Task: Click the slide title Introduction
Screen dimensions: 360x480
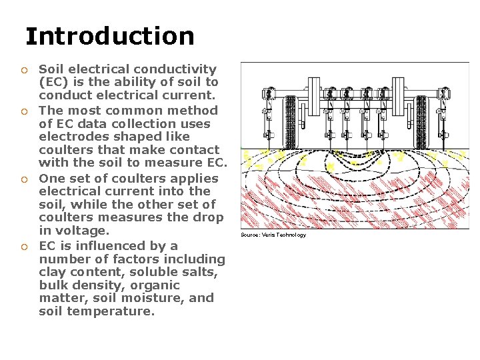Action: pos(110,36)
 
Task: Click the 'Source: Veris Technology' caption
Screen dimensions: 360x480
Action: pos(273,235)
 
